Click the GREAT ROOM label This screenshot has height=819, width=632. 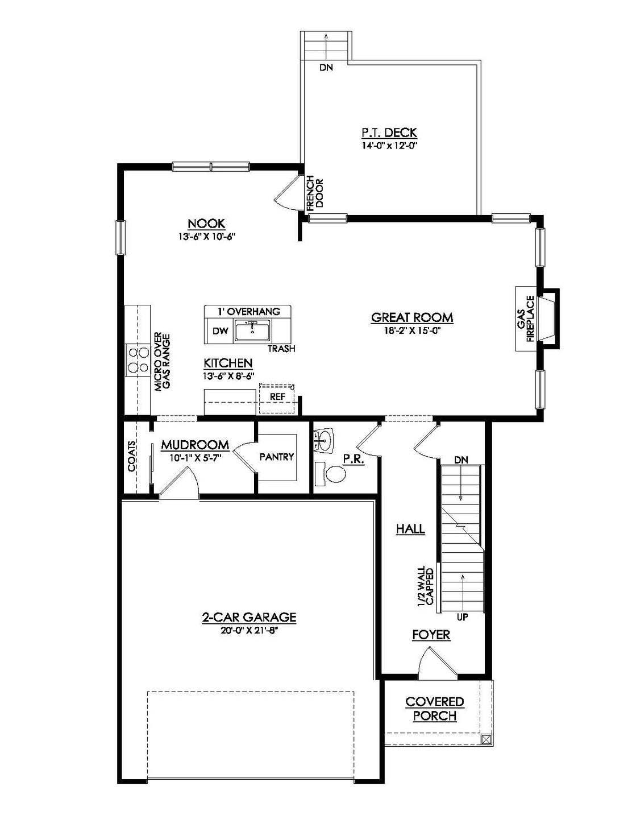coord(412,317)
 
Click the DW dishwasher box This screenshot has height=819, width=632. coord(219,332)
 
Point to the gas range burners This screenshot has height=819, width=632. coord(135,360)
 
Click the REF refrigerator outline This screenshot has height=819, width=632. coord(277,397)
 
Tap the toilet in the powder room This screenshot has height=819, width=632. coord(332,474)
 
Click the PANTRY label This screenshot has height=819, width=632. coord(276,457)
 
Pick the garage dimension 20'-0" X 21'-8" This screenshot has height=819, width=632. coord(249,630)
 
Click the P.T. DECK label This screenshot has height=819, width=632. coord(389,133)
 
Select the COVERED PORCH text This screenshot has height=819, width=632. coord(435,709)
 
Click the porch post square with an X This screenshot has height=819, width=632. coord(485,739)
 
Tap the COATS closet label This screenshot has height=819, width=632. coord(132,456)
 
